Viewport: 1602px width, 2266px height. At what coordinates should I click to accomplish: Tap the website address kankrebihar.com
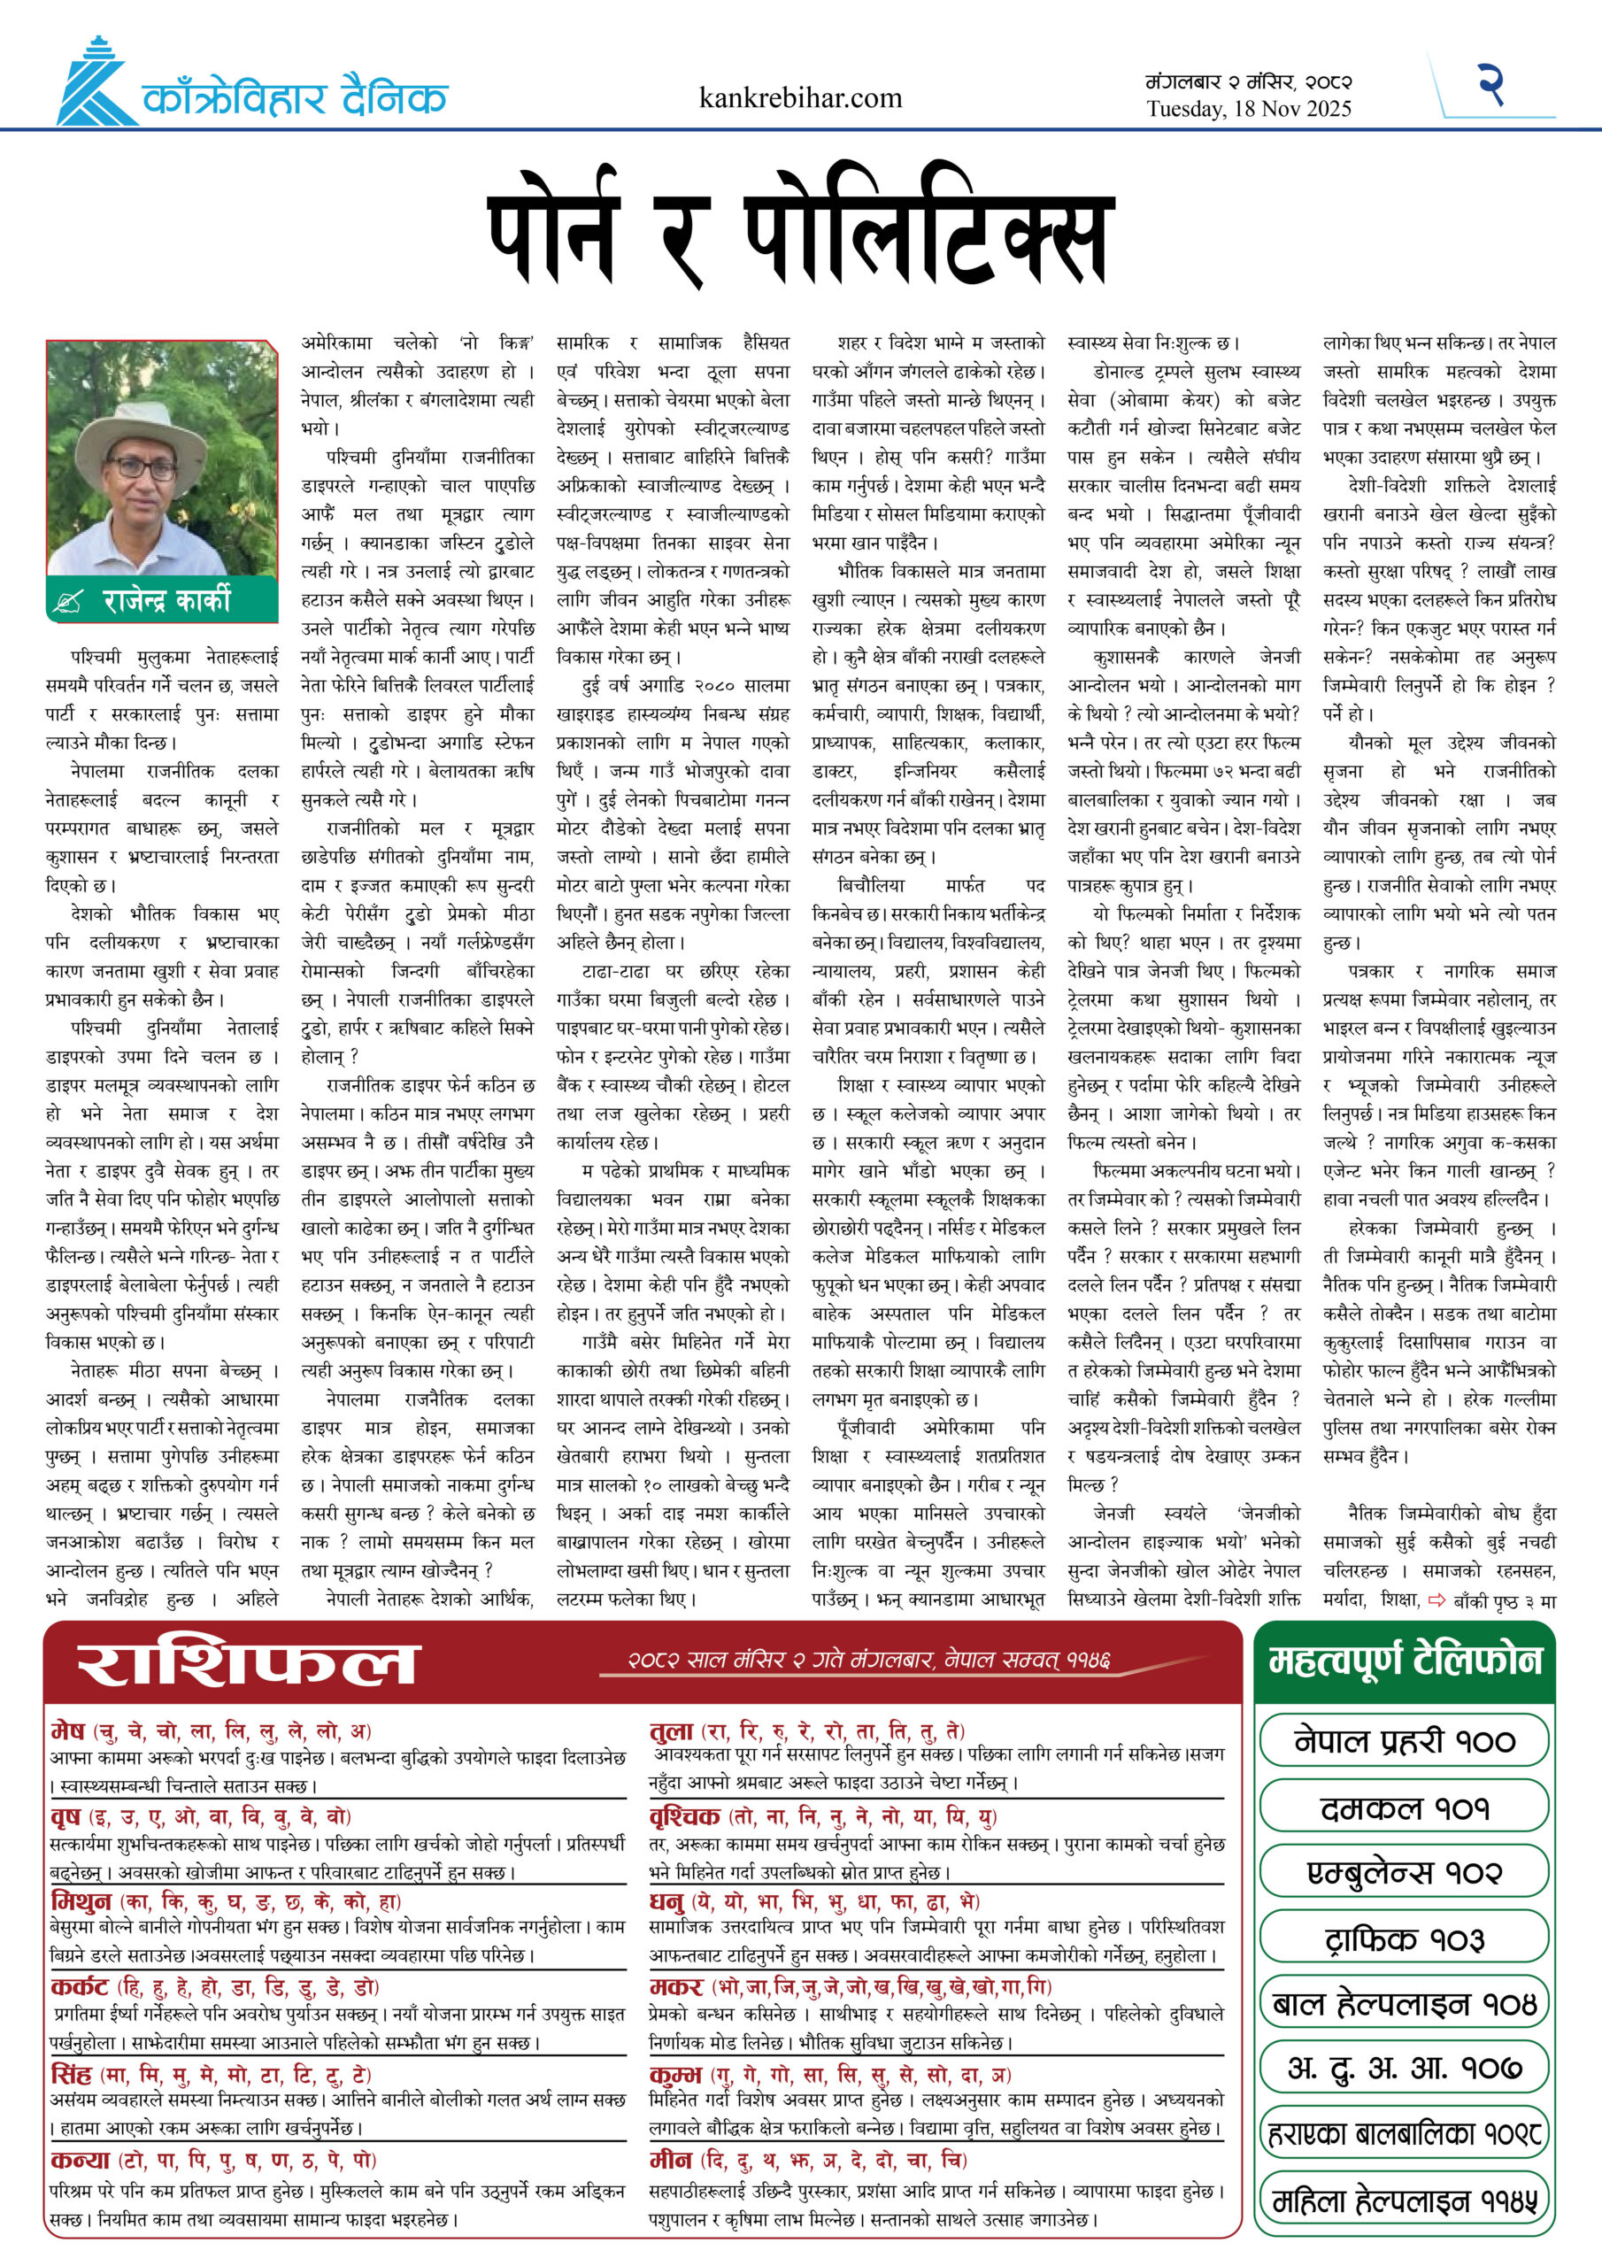[799, 97]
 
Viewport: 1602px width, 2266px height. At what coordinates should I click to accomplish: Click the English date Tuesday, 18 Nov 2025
[1248, 110]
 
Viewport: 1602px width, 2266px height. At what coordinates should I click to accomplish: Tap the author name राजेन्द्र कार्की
[166, 599]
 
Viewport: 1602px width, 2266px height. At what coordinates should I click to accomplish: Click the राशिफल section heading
[249, 1665]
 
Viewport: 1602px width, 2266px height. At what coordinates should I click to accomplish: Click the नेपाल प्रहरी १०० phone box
[1404, 1742]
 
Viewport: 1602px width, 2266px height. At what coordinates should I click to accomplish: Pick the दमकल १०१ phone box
[1404, 1808]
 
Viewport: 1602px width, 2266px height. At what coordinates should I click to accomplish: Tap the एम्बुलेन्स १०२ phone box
[1404, 1872]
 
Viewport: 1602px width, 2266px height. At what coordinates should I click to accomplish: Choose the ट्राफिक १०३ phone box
[1404, 1939]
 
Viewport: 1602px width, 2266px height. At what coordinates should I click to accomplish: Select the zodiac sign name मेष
[68, 1731]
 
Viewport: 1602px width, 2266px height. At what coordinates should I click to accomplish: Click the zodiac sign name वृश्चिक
[684, 1816]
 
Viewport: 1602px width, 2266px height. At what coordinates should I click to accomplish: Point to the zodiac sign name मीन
[670, 2161]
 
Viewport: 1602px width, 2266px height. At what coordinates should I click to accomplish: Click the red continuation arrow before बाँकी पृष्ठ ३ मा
[1436, 1601]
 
